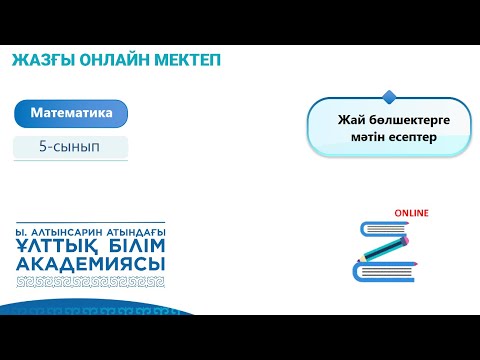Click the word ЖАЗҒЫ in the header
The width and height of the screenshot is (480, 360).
40,60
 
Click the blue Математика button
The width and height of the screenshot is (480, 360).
71,114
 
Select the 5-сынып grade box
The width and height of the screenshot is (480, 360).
71,147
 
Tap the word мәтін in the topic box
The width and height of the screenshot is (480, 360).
358,137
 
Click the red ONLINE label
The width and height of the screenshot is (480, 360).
411,213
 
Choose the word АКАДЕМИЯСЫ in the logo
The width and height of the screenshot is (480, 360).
91,263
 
